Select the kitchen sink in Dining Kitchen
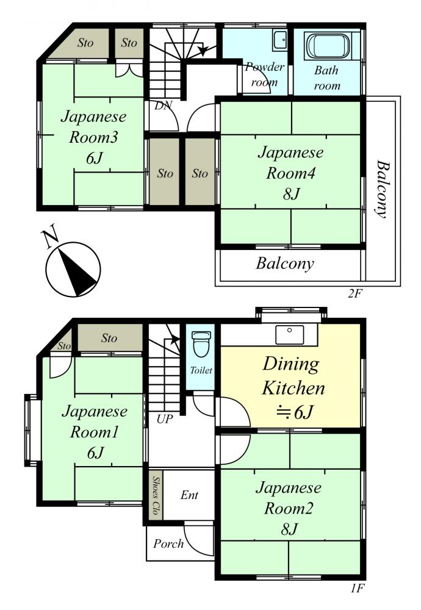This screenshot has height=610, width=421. tap(289, 335)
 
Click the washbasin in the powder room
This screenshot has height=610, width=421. tap(280, 40)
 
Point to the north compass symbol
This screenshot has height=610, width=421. tap(73, 269)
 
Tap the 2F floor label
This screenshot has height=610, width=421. tap(354, 293)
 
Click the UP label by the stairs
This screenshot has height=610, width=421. tap(165, 419)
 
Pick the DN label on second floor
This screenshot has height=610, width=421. tap(163, 105)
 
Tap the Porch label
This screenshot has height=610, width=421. tap(168, 544)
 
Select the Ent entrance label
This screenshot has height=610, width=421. tap(190, 495)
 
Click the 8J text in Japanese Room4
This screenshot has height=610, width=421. tap(291, 193)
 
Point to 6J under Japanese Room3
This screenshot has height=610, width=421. tap(94, 158)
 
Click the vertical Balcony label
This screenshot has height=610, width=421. tap(383, 188)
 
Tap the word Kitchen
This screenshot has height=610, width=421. tap(293, 388)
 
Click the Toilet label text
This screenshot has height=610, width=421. tap(201, 370)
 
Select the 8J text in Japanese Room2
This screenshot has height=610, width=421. tap(289, 529)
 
